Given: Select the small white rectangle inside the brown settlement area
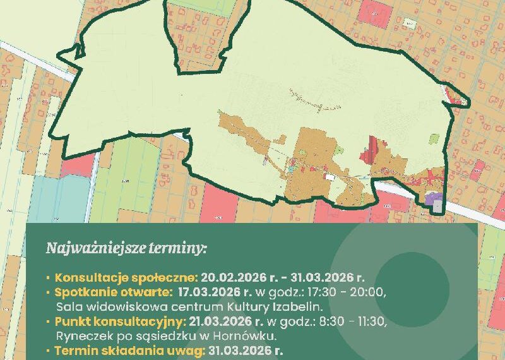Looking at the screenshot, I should pos(330,178).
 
